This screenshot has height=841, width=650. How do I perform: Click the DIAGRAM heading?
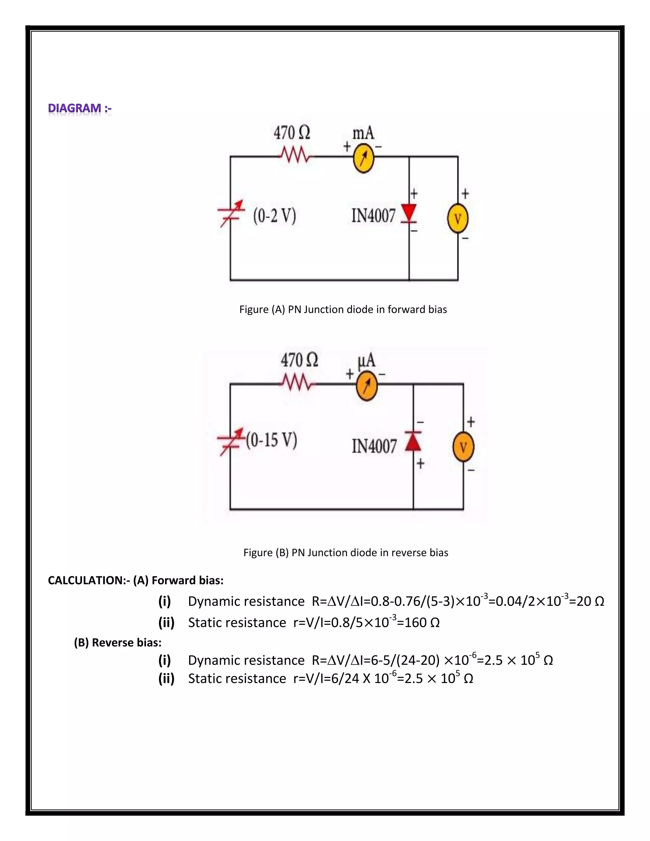80,108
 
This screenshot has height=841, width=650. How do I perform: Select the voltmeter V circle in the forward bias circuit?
457,219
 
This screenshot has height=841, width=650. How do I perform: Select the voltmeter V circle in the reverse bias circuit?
463,447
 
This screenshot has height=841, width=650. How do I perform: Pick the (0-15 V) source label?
271,440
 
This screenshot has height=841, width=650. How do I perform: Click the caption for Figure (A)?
343,310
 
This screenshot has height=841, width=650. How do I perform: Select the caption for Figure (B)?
345,553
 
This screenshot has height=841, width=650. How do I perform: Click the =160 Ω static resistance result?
418,623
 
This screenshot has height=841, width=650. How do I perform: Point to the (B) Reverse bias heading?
117,643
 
